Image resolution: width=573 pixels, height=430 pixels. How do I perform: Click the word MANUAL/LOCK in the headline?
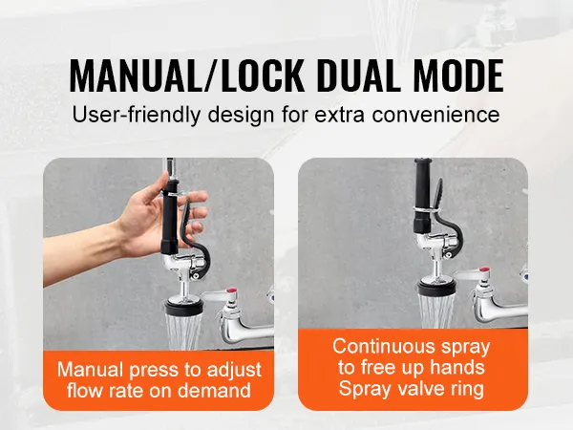(186, 75)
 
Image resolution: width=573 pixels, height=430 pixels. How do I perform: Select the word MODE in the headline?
(458, 75)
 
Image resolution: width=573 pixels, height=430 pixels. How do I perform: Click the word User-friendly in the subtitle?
(137, 115)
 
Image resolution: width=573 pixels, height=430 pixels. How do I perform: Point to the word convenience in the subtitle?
(435, 115)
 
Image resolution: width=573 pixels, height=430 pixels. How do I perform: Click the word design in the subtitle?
(241, 115)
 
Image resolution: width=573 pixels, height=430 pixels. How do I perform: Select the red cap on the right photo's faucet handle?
(484, 271)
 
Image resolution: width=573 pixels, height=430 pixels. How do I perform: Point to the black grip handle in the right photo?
(424, 193)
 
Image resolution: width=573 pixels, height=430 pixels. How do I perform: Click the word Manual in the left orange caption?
(91, 369)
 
